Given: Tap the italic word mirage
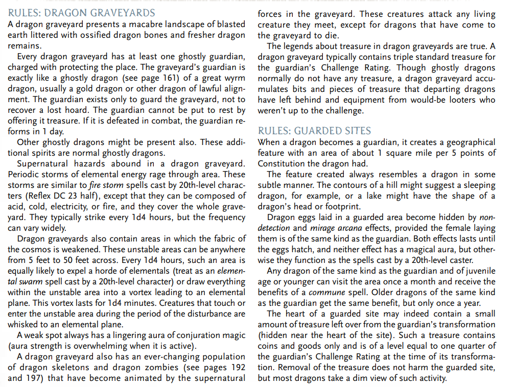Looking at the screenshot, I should click(322, 227).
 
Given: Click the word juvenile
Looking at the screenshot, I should click(479, 270).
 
